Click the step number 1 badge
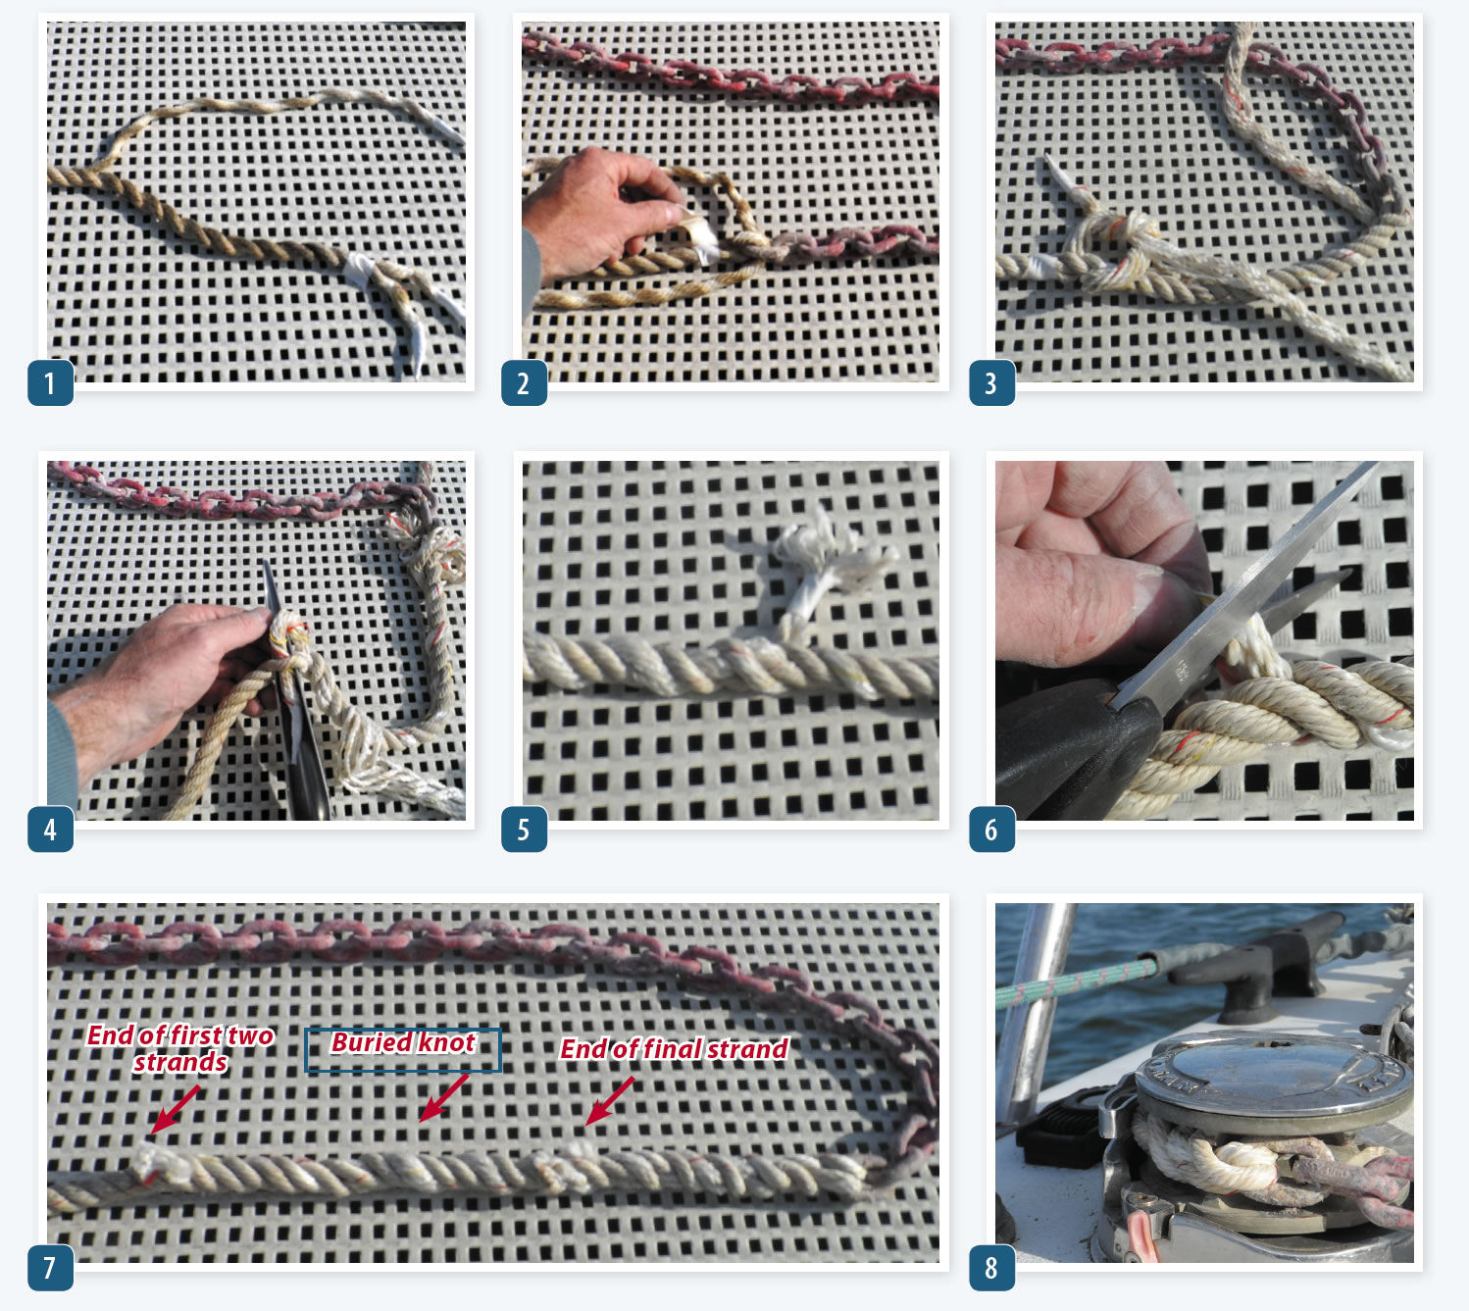[x=51, y=382]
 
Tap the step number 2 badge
[x=525, y=382]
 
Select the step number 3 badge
[x=991, y=382]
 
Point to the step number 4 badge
[x=51, y=828]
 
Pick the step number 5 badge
[x=525, y=828]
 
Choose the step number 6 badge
[x=991, y=828]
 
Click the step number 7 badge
[x=51, y=1267]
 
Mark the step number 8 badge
[x=991, y=1267]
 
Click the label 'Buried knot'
[x=403, y=1042]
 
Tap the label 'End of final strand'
[x=674, y=1048]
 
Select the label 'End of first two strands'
[x=180, y=1048]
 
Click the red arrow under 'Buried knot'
[x=444, y=1098]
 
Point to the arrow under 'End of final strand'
[x=610, y=1101]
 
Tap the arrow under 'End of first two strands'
[x=174, y=1109]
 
